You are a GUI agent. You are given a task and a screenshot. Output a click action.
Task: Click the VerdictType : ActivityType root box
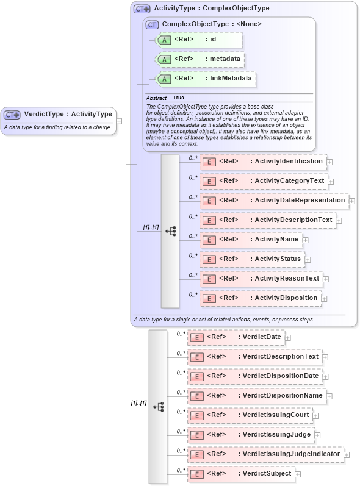tap(59, 114)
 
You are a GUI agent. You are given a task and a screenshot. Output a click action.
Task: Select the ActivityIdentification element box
tap(263, 162)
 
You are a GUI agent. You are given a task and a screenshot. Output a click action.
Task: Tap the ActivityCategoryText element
tap(264, 181)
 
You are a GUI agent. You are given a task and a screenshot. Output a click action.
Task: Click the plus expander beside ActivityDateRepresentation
tap(351, 201)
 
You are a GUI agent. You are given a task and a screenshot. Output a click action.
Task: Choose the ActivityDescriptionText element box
tap(267, 220)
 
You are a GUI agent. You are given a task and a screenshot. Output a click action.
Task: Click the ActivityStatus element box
tap(252, 259)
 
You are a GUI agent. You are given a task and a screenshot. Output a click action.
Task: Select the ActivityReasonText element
tap(261, 279)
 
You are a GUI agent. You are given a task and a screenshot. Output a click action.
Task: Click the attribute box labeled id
tap(200, 40)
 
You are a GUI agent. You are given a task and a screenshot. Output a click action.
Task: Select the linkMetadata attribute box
tap(206, 79)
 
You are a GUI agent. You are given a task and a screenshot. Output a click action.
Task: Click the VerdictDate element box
tap(236, 337)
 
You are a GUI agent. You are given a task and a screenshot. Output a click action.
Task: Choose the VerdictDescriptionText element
tap(254, 357)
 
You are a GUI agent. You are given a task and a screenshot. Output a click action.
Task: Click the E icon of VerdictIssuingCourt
tap(197, 415)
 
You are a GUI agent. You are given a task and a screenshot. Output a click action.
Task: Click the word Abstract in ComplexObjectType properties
tap(156, 98)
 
